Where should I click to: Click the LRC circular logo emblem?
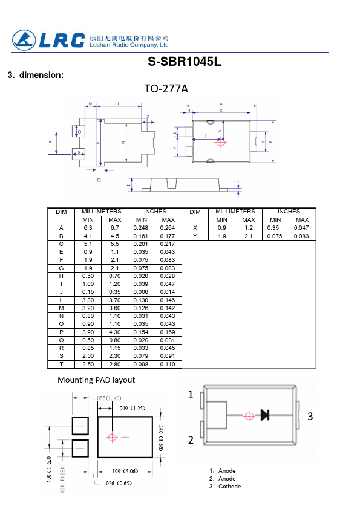point(24,41)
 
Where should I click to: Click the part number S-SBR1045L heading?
point(184,62)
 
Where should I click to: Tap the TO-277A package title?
point(166,89)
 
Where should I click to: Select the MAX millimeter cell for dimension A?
point(115,228)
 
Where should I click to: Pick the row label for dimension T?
point(61,365)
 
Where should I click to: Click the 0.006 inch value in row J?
point(141,292)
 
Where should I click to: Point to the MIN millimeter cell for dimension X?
point(222,228)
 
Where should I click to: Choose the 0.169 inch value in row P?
point(168,332)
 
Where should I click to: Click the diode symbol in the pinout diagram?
point(265,415)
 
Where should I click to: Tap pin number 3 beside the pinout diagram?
point(310,417)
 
